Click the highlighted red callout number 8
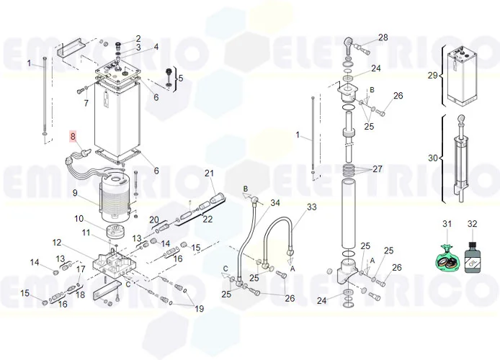point(72,135)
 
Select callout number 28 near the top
point(383,37)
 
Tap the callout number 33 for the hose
point(311,207)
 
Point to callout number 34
point(274,202)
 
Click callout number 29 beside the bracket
point(433,75)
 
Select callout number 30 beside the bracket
point(433,158)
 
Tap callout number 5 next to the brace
point(180,78)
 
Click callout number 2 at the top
point(138,38)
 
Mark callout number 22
point(207,218)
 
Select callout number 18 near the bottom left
point(80,294)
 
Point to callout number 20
point(154,219)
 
